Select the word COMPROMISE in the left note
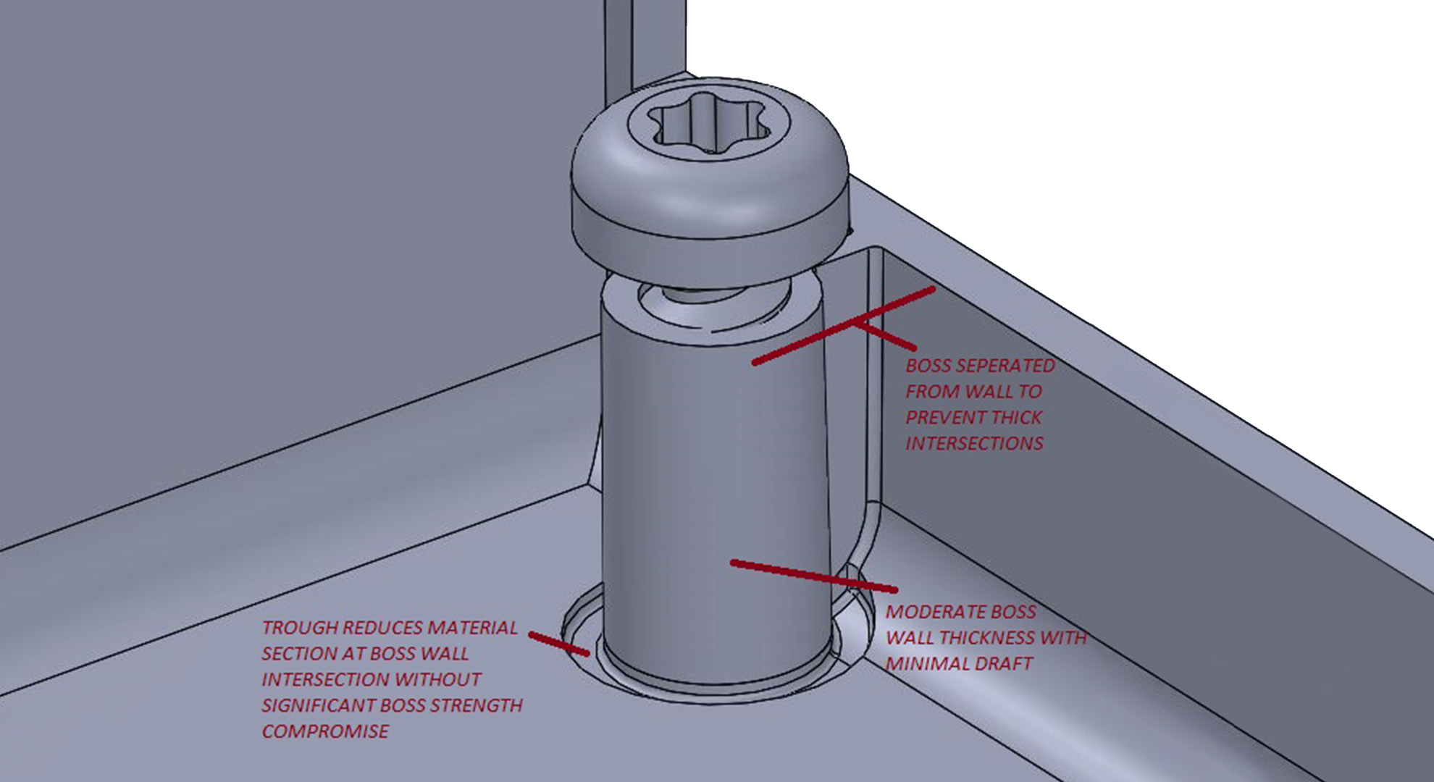coord(325,732)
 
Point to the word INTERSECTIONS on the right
coord(974,444)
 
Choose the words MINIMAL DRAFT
coord(959,664)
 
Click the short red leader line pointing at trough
coord(558,644)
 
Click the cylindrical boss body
coord(713,471)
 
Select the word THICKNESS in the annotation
coord(986,638)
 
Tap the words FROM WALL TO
coord(973,392)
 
